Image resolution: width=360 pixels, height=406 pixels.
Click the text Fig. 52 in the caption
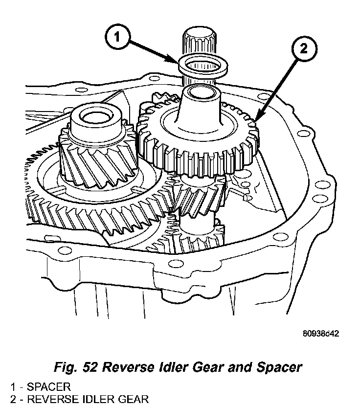pyautogui.click(x=79, y=367)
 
